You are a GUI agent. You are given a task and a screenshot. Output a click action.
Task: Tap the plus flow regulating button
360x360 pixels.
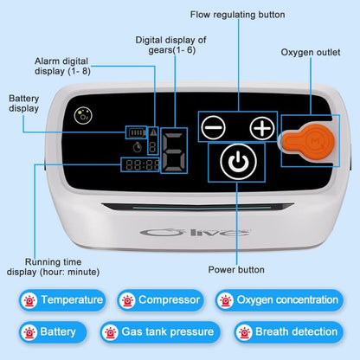click(x=260, y=128)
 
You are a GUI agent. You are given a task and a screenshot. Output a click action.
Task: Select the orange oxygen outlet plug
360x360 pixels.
click(x=304, y=140)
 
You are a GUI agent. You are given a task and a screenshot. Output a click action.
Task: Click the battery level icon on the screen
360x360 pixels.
click(x=137, y=133)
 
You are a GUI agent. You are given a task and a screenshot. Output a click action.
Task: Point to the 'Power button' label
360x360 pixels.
click(x=235, y=269)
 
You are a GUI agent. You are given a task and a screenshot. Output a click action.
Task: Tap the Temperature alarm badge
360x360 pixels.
click(x=62, y=300)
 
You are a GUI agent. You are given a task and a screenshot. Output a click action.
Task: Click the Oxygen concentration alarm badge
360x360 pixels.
click(x=278, y=300)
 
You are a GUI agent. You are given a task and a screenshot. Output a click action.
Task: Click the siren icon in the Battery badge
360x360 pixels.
click(x=32, y=331)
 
